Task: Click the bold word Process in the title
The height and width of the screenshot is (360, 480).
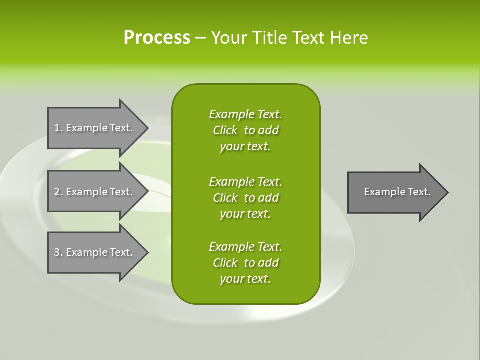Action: click(157, 38)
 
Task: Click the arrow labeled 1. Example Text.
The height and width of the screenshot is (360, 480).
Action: click(95, 128)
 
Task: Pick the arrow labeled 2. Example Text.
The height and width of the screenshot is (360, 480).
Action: click(95, 192)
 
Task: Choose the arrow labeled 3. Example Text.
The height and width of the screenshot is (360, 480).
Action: click(95, 252)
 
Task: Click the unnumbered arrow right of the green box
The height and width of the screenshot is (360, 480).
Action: click(395, 192)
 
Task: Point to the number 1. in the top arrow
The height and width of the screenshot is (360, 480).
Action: click(58, 128)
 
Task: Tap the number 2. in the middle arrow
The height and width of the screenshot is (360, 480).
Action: click(58, 192)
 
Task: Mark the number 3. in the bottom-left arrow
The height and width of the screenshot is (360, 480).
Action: click(58, 252)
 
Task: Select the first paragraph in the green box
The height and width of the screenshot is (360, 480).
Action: click(245, 130)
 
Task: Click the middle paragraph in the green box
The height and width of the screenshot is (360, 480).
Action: click(245, 198)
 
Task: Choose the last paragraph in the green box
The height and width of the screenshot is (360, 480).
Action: click(245, 263)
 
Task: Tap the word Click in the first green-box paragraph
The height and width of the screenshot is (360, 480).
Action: click(225, 130)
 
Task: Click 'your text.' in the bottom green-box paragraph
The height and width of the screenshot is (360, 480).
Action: click(245, 279)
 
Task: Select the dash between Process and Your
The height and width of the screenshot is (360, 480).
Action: click(200, 38)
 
